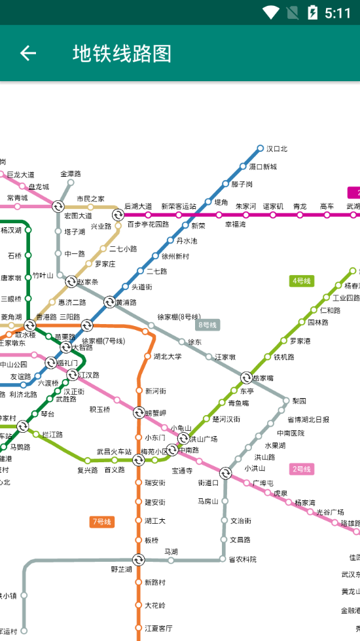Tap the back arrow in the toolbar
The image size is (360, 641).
[x=27, y=53]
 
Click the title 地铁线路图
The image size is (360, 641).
[x=122, y=53]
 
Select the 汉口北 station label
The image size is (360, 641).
[x=277, y=149]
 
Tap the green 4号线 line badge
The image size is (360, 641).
[x=302, y=281]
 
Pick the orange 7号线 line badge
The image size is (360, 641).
[x=101, y=522]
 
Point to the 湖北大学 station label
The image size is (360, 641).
[x=168, y=357]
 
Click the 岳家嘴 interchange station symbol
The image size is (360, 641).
[x=246, y=378]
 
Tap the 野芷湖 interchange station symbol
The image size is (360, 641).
[x=138, y=560]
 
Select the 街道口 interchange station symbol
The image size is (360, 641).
[x=225, y=473]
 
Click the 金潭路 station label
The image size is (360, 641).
[x=71, y=174]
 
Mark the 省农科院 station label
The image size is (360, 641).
[x=243, y=559]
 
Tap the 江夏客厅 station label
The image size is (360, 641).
[x=158, y=628]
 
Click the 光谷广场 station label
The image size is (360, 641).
[x=330, y=512]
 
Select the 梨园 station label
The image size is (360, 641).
[x=299, y=401]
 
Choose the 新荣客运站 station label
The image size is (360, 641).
[x=179, y=206]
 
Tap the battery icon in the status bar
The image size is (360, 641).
[x=313, y=12]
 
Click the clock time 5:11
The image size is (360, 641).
[x=338, y=12]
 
